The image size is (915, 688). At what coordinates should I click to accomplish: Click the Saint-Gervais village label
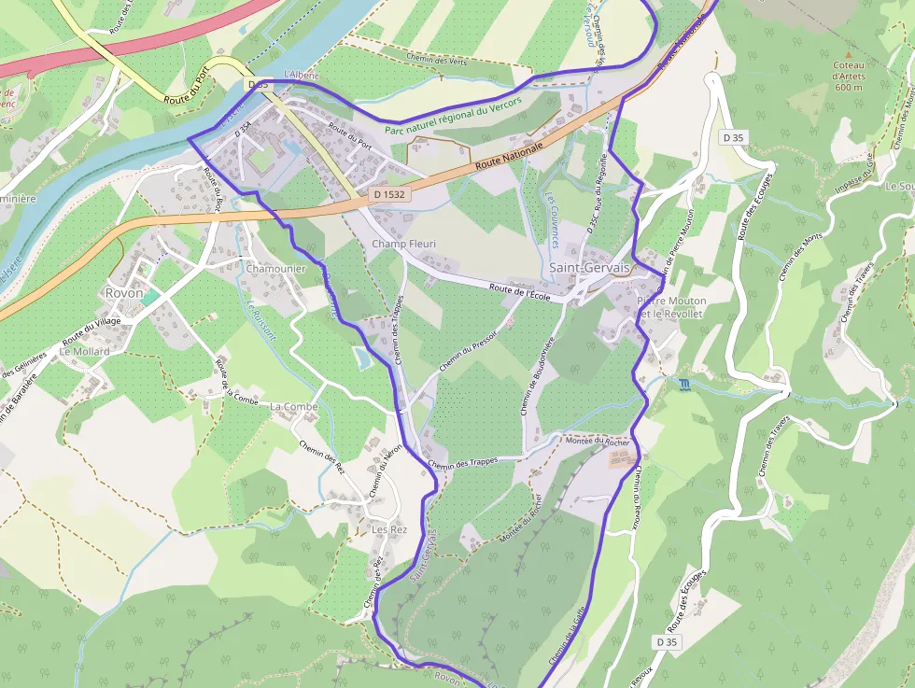587,268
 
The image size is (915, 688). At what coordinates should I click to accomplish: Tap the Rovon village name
124,292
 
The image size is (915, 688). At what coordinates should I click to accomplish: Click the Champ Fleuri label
404,244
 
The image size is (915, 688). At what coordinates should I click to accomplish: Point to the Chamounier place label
275,268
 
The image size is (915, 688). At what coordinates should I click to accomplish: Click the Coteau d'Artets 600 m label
849,76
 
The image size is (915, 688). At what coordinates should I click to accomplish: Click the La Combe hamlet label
294,407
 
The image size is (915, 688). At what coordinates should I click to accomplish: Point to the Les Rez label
390,529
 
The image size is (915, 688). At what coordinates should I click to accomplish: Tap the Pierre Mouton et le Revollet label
671,307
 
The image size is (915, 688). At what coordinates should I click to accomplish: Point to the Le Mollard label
84,352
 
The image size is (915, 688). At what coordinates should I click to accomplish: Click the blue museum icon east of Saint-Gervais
686,386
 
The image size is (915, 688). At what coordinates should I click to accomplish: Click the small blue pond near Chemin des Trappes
362,358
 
